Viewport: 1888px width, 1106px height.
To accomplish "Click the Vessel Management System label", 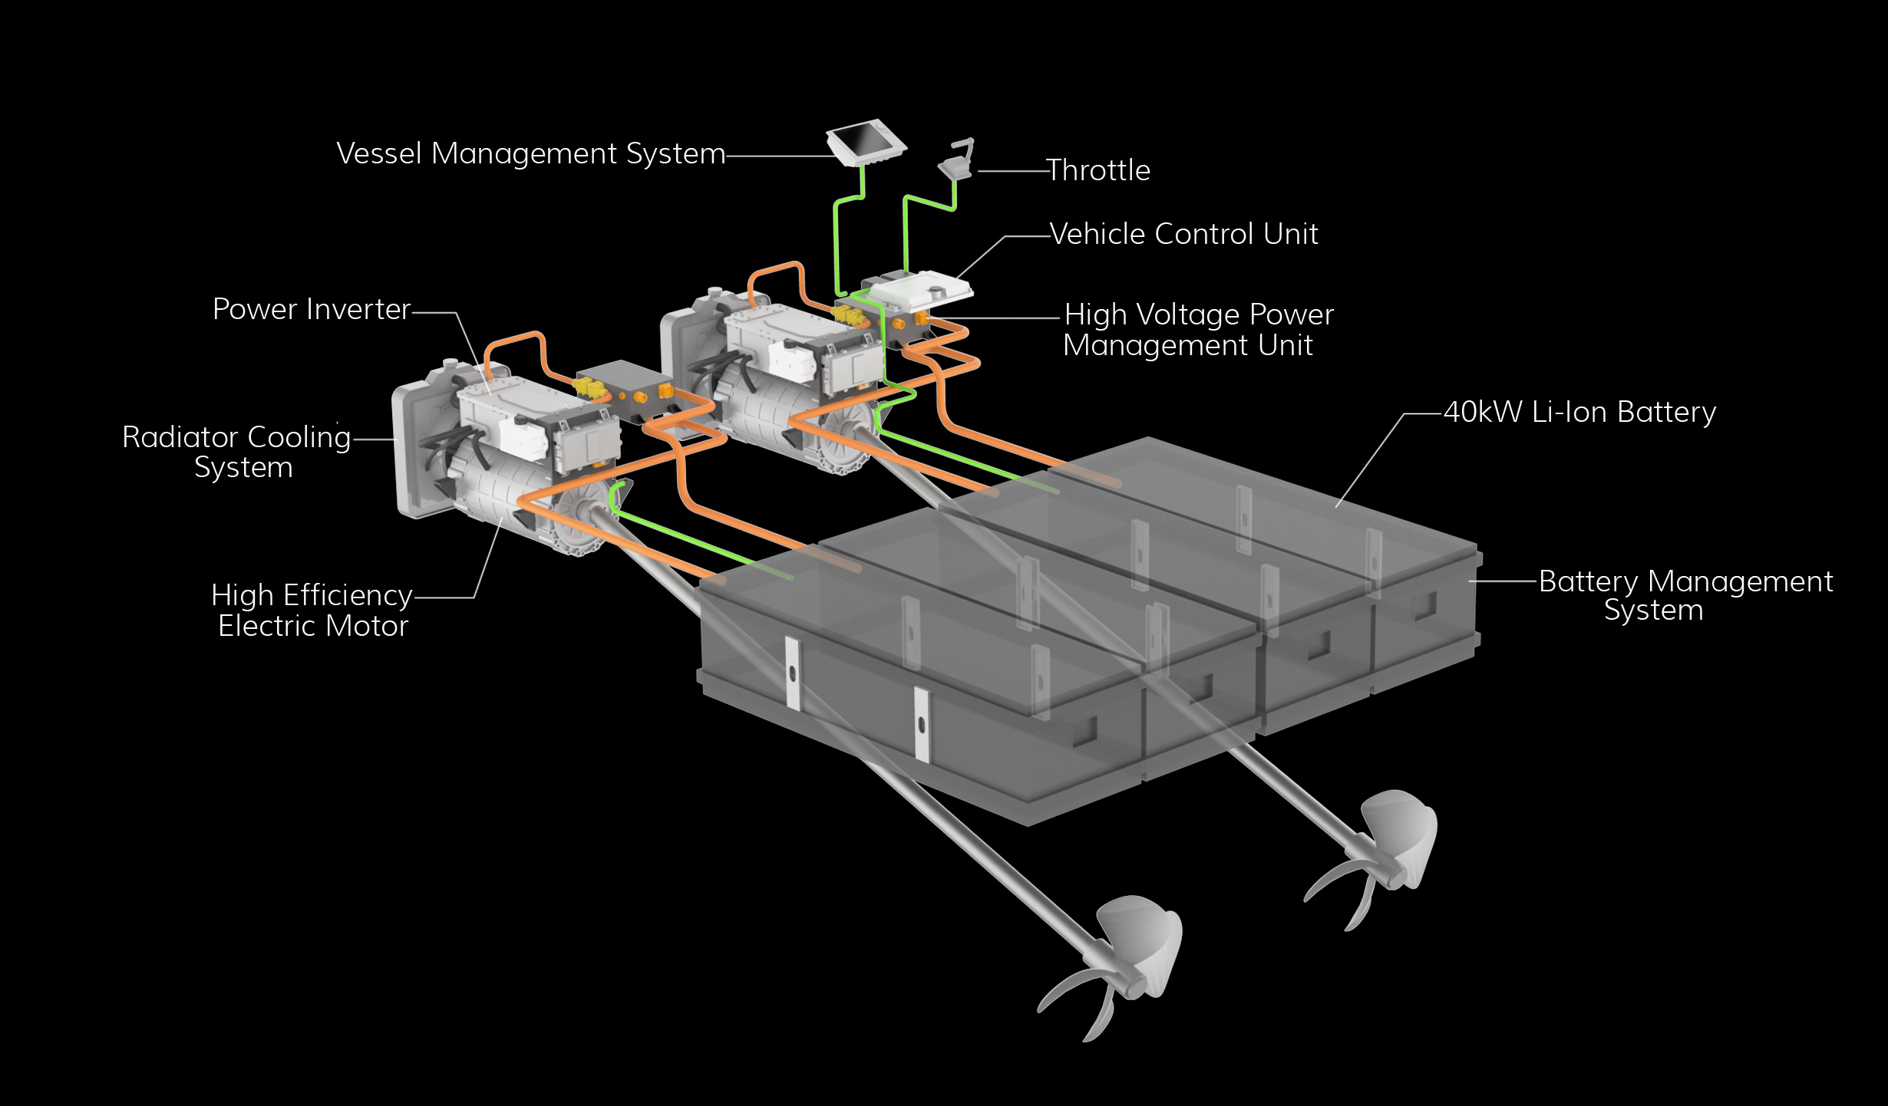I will point(530,154).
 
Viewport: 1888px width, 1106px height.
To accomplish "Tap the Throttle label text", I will point(1098,170).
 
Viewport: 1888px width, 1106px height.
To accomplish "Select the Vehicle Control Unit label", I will point(1183,234).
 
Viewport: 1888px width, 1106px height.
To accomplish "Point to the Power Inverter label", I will point(312,309).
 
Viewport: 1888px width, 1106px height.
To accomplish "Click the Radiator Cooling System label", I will point(236,452).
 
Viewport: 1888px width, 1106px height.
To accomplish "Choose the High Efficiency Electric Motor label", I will point(312,611).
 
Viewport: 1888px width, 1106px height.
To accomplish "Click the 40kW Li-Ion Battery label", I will point(1579,413).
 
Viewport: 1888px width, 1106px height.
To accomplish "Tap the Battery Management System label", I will point(1685,596).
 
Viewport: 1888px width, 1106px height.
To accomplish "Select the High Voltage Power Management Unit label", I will point(1197,330).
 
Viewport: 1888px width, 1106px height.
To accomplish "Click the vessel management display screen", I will point(865,141).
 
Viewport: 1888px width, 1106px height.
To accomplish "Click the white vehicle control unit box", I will point(917,292).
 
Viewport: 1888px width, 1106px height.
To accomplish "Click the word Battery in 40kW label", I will point(1666,413).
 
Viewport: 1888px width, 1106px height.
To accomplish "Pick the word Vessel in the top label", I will point(379,154).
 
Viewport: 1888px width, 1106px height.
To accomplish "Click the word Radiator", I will point(180,437).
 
